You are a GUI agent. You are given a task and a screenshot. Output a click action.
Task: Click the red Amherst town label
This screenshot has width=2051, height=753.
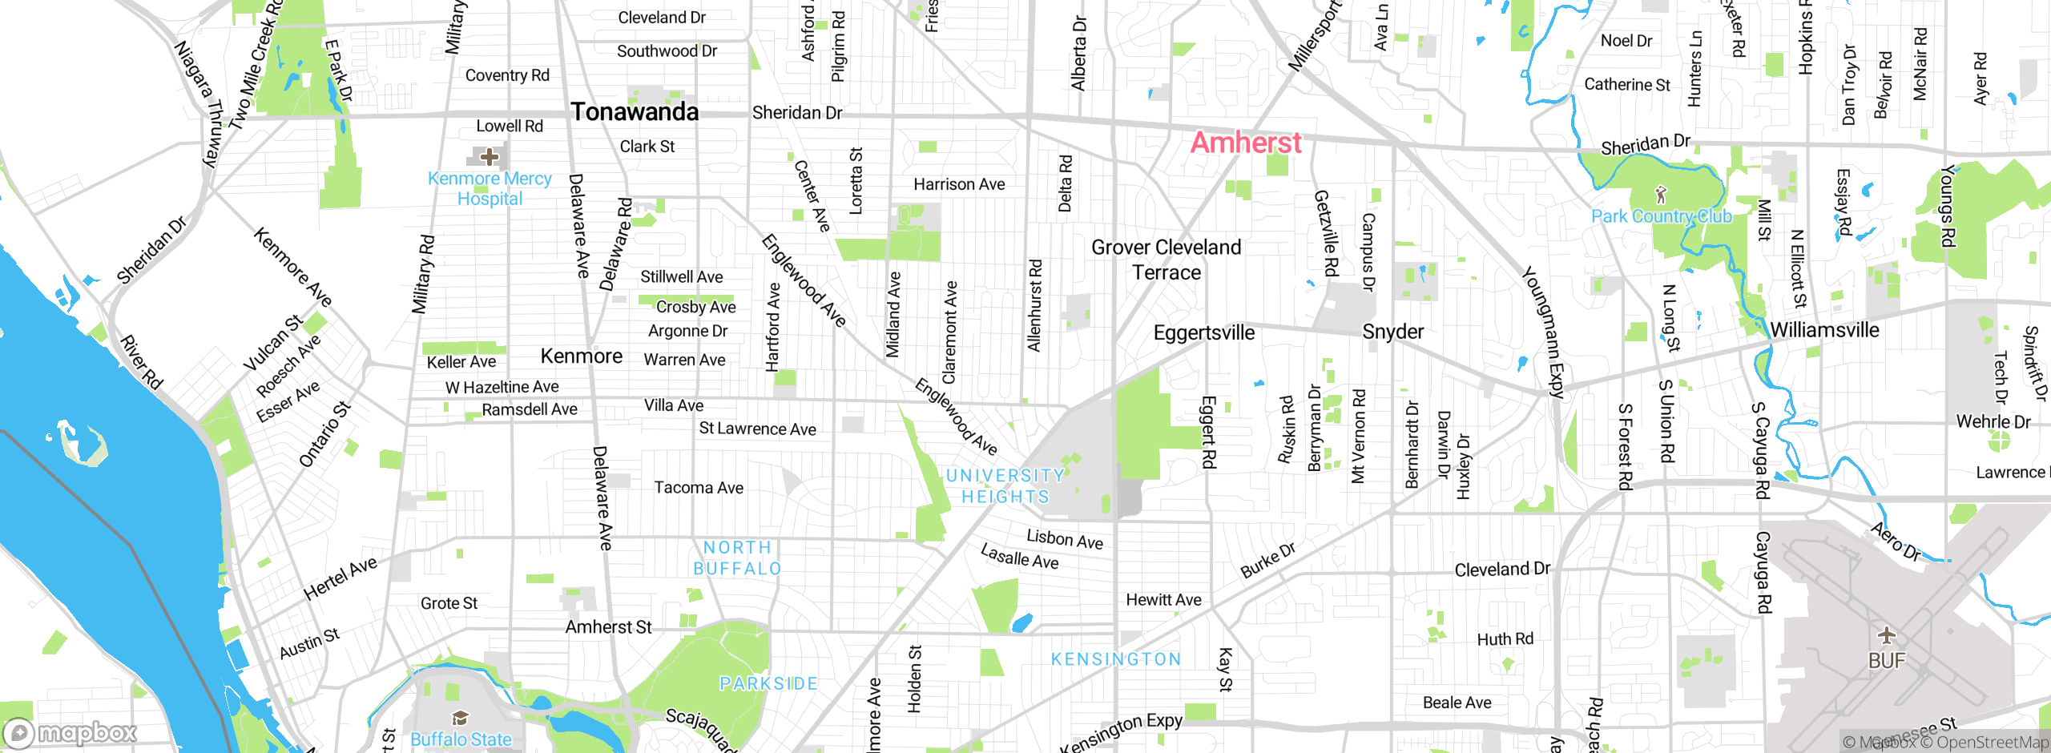(1246, 143)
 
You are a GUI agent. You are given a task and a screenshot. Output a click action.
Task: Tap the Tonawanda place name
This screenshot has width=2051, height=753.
(635, 112)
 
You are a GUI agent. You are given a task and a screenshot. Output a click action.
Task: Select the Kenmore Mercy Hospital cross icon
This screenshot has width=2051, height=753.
(489, 156)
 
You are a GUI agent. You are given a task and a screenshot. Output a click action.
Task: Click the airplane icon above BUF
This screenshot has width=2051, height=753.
(1887, 636)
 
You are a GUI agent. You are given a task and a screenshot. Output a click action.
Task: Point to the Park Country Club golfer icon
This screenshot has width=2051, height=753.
(1661, 195)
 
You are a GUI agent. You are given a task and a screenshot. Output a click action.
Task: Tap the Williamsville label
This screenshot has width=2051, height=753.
(1824, 330)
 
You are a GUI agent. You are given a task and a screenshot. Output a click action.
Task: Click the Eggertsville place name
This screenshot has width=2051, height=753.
(1203, 332)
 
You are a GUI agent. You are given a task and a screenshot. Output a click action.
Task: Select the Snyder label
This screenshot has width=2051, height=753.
(1393, 332)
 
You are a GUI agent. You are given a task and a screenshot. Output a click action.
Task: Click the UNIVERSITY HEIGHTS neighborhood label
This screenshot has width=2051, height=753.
(1005, 486)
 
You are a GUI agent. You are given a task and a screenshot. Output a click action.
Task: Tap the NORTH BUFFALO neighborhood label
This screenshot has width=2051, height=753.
(737, 558)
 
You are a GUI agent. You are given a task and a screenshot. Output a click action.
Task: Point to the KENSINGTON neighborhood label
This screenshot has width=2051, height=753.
(1116, 659)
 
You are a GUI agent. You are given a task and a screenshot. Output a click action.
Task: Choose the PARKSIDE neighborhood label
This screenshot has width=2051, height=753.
(768, 683)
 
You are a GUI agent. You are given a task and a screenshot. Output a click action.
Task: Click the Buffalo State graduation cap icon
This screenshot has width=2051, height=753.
(460, 718)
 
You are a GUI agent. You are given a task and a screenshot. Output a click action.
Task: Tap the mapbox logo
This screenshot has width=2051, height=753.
(71, 733)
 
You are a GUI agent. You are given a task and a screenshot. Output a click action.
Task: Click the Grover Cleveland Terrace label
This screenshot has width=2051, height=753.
(1166, 260)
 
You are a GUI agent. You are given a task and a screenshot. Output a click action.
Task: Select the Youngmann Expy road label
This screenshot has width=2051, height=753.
(1543, 332)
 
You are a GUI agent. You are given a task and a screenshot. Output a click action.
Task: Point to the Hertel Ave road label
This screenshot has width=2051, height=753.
(340, 578)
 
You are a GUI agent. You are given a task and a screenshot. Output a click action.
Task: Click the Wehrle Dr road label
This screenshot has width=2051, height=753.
(1993, 421)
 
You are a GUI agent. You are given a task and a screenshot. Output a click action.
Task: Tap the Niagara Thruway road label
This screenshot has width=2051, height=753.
(197, 104)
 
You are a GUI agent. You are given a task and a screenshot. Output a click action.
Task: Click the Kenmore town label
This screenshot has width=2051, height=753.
(581, 356)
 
